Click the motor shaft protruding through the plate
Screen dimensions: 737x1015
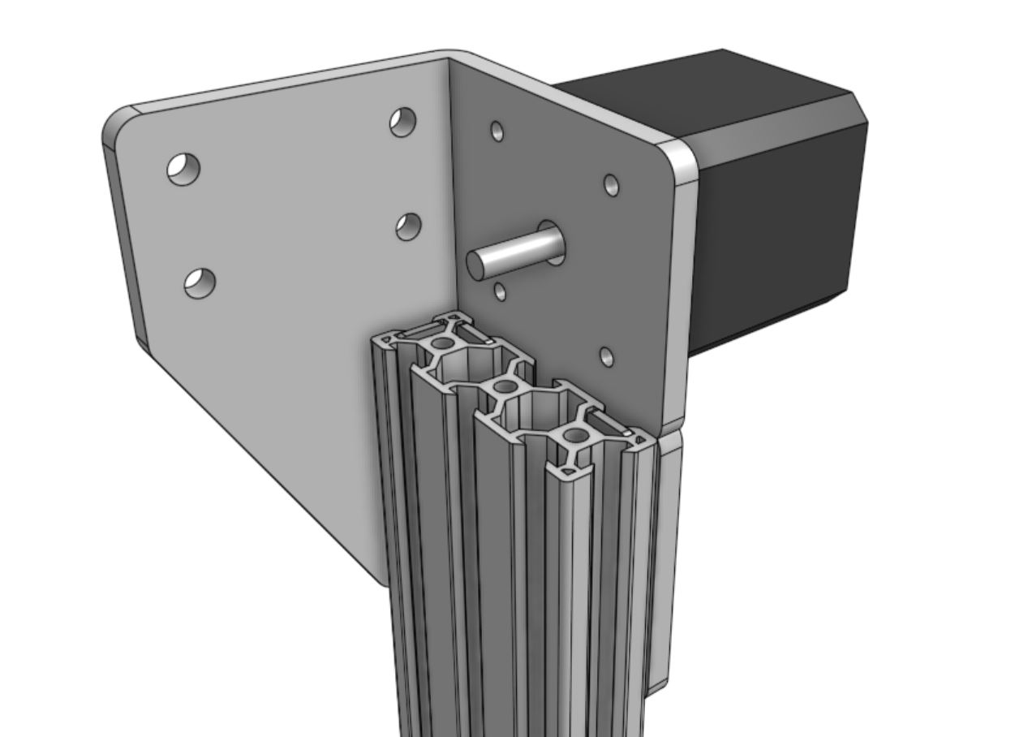pyautogui.click(x=511, y=254)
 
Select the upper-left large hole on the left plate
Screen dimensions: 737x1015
pyautogui.click(x=184, y=169)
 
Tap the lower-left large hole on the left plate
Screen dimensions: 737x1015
pyautogui.click(x=200, y=282)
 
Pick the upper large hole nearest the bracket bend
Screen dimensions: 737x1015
pyautogui.click(x=403, y=122)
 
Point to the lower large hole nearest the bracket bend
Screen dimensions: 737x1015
pyautogui.click(x=409, y=226)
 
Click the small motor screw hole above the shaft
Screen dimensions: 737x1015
pyautogui.click(x=497, y=131)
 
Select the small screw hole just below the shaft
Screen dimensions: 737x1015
pyautogui.click(x=501, y=291)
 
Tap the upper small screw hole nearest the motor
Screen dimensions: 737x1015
pyautogui.click(x=612, y=186)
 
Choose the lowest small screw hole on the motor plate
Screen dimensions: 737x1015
pyautogui.click(x=606, y=356)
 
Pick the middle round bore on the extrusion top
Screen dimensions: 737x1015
pyautogui.click(x=504, y=386)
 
